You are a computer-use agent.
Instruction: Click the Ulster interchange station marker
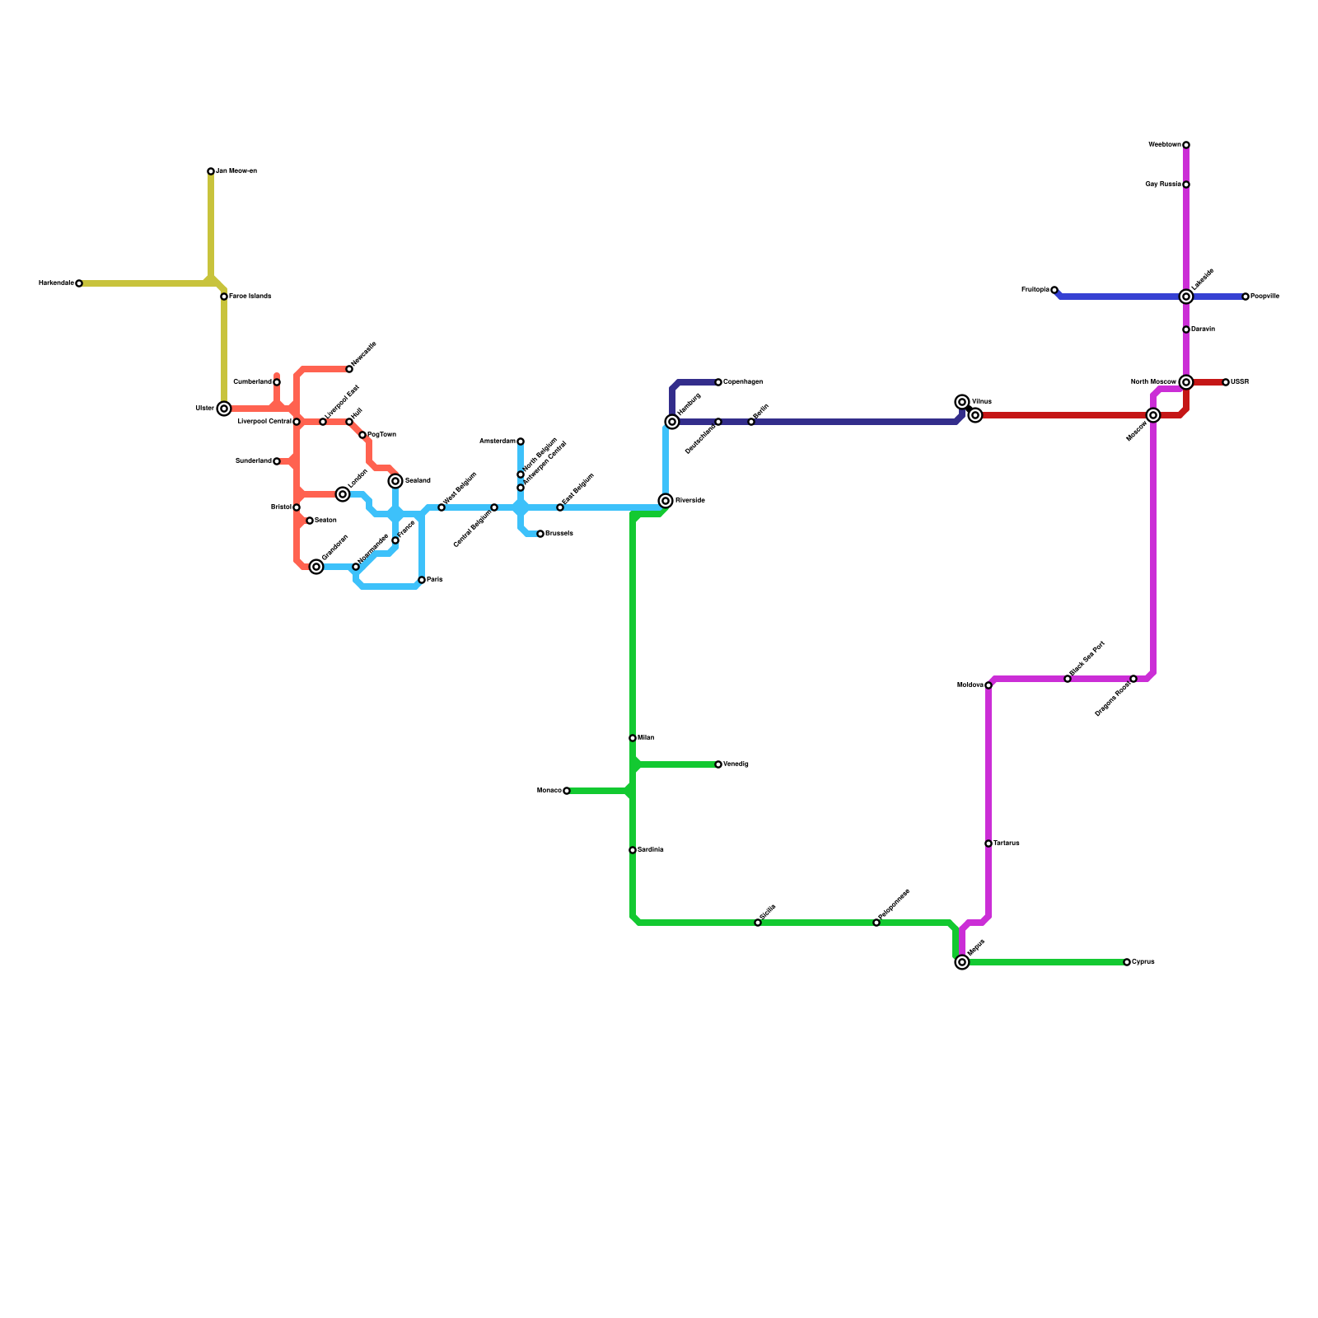(x=224, y=409)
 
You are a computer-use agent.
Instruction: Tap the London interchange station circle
(x=343, y=494)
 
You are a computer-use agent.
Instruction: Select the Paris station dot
(x=422, y=580)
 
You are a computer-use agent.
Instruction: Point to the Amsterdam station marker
(x=521, y=442)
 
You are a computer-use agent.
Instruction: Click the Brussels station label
(x=559, y=534)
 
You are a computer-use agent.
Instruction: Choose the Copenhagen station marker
(x=718, y=382)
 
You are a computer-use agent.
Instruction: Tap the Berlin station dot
(x=751, y=422)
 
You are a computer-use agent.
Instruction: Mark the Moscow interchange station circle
(x=1153, y=415)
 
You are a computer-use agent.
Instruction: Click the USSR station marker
(x=1226, y=382)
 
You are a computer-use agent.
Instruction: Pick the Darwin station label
(x=1203, y=329)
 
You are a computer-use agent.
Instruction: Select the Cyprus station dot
(x=1127, y=962)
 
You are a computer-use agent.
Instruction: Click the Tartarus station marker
(x=988, y=844)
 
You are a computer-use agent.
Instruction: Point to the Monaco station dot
(x=567, y=791)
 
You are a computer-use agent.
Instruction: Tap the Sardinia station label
(x=651, y=850)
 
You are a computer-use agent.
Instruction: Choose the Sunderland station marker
(x=277, y=461)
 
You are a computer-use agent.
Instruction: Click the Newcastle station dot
(x=349, y=369)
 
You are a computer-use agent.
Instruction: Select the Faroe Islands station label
(x=250, y=297)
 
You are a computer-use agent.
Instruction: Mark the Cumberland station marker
(x=277, y=382)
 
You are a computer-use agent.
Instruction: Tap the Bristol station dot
(x=297, y=507)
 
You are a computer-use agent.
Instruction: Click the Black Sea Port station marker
(x=1068, y=679)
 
